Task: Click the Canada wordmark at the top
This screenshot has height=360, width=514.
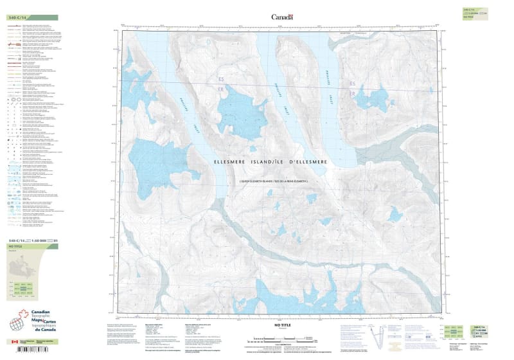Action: (x=282, y=17)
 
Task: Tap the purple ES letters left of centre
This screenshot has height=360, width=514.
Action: (x=222, y=80)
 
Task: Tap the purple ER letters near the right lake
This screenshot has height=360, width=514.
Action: (x=351, y=94)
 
